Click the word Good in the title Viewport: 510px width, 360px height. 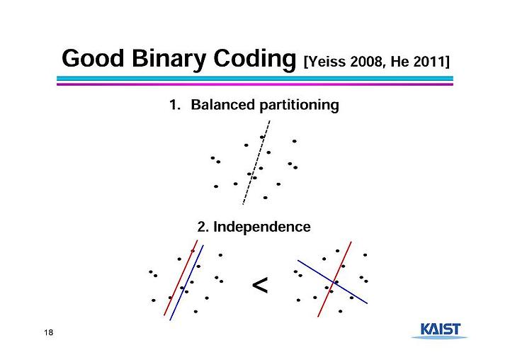click(93, 58)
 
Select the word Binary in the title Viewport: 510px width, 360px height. click(169, 60)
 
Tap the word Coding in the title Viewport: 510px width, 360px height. click(254, 60)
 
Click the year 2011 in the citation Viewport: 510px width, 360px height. click(429, 62)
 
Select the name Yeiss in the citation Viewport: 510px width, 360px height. click(327, 62)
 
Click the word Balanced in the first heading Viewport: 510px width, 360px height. click(223, 105)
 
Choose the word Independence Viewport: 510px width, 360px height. click(262, 227)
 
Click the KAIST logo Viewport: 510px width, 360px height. click(440, 330)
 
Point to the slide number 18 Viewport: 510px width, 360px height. click(48, 332)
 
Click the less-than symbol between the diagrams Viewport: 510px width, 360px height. click(260, 285)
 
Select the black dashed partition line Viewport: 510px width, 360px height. click(256, 162)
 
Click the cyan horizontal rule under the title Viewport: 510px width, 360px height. click(255, 79)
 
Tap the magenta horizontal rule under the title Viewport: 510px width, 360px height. click(255, 84)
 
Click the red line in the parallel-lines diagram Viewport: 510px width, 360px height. click(181, 278)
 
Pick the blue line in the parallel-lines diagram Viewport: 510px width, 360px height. click(187, 283)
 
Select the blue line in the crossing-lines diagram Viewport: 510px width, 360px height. click(332, 282)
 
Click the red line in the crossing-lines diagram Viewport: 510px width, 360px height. click(334, 279)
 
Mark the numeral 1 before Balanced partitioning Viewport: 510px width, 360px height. click(174, 105)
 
